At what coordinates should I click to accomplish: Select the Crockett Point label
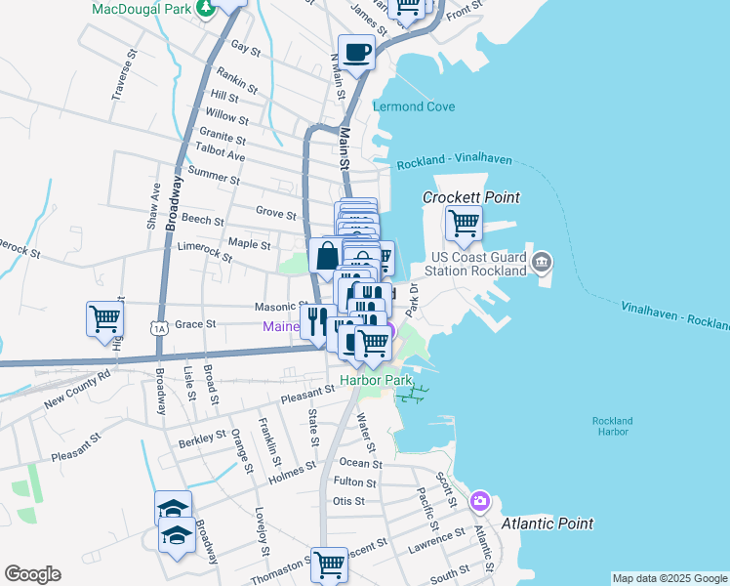(x=470, y=197)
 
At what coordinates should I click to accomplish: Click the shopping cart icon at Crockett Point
(x=464, y=223)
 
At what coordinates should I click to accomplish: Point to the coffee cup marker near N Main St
(x=356, y=52)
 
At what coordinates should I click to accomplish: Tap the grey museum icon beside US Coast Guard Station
(x=543, y=262)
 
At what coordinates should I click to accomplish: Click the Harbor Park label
(x=376, y=379)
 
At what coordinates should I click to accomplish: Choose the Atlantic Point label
(x=547, y=523)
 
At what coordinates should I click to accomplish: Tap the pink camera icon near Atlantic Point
(x=479, y=501)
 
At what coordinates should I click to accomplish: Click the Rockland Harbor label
(x=612, y=427)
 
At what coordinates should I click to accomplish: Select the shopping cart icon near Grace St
(x=104, y=318)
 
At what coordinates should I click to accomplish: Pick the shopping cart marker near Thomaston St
(x=329, y=564)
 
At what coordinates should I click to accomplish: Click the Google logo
(x=32, y=574)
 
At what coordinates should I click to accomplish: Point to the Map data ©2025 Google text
(x=669, y=578)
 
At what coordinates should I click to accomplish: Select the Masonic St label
(x=281, y=306)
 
